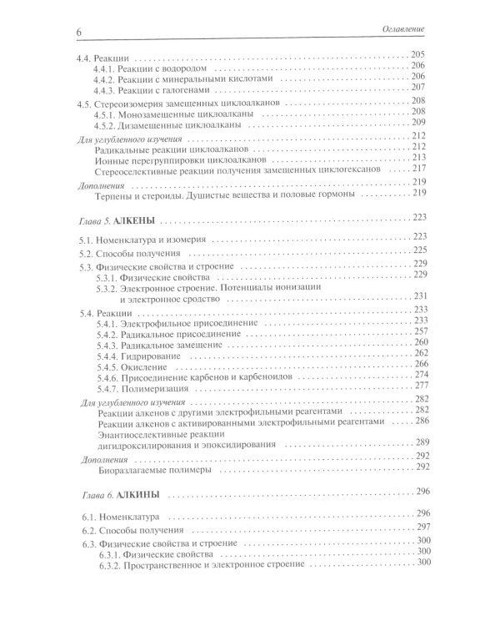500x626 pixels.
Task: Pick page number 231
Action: tap(418, 296)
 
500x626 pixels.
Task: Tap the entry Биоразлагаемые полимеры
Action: tap(153, 470)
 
